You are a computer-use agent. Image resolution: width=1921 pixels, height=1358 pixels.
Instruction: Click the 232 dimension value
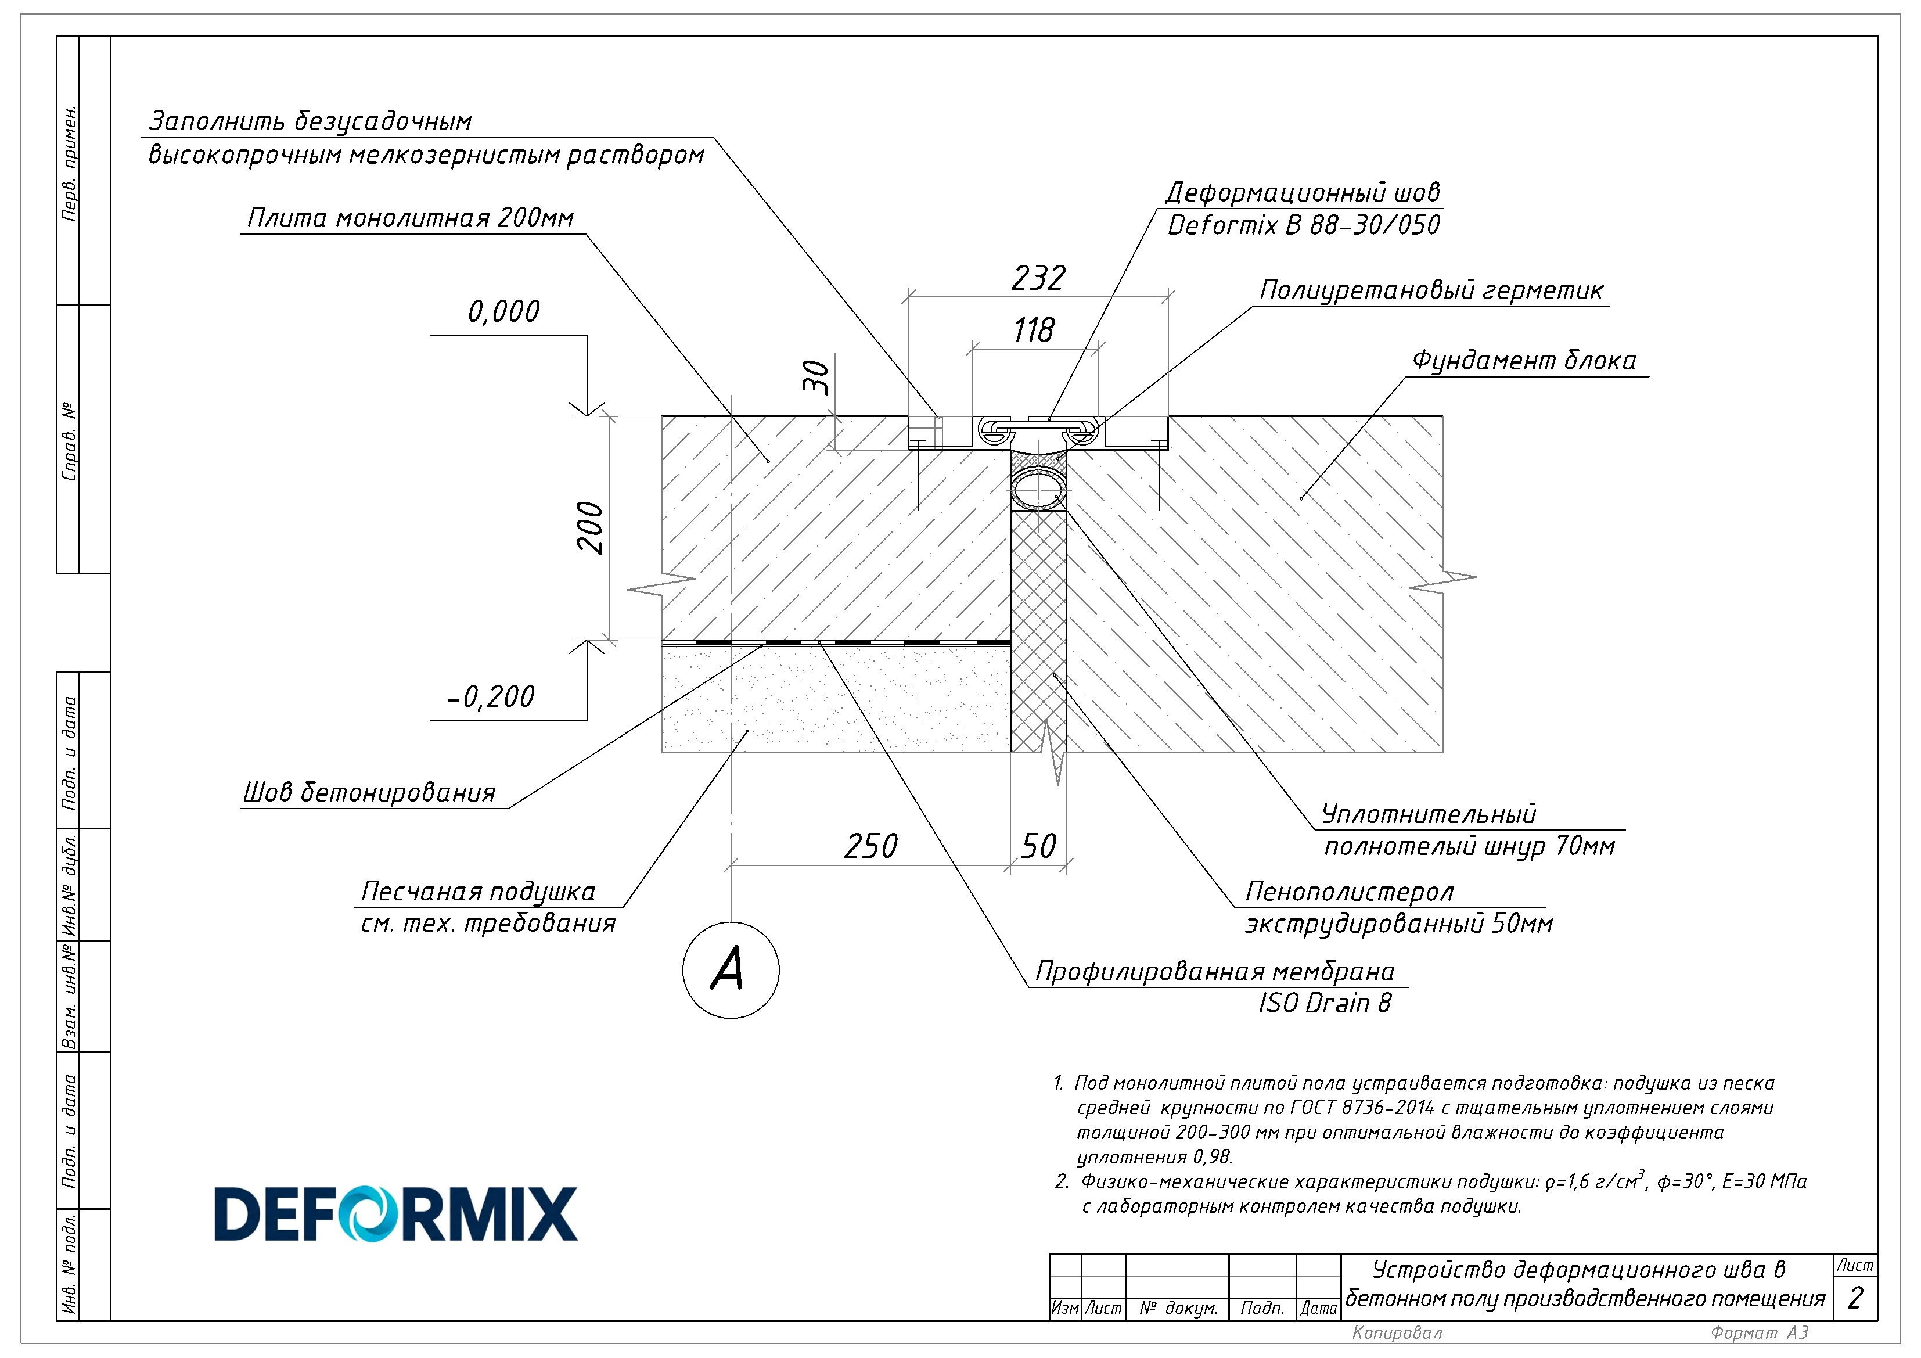[1038, 278]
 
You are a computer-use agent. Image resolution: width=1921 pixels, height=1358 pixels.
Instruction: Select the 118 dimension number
[1034, 330]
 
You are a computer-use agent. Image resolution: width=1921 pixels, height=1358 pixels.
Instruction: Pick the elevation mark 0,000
[503, 311]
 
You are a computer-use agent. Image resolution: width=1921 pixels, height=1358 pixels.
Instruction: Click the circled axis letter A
[731, 970]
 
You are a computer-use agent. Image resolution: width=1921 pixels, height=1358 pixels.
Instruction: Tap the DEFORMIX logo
[395, 1213]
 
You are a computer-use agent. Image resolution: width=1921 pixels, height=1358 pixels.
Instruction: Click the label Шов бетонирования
[369, 792]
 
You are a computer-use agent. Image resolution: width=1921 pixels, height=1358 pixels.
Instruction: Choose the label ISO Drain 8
[1325, 1003]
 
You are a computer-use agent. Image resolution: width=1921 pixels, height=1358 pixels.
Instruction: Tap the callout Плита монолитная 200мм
[410, 218]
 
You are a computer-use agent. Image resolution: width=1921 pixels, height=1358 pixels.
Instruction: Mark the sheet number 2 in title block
[1855, 1297]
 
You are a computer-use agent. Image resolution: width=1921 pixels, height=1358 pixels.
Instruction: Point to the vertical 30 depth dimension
[816, 378]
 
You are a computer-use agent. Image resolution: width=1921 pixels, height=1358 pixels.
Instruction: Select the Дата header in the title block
[1319, 1308]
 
